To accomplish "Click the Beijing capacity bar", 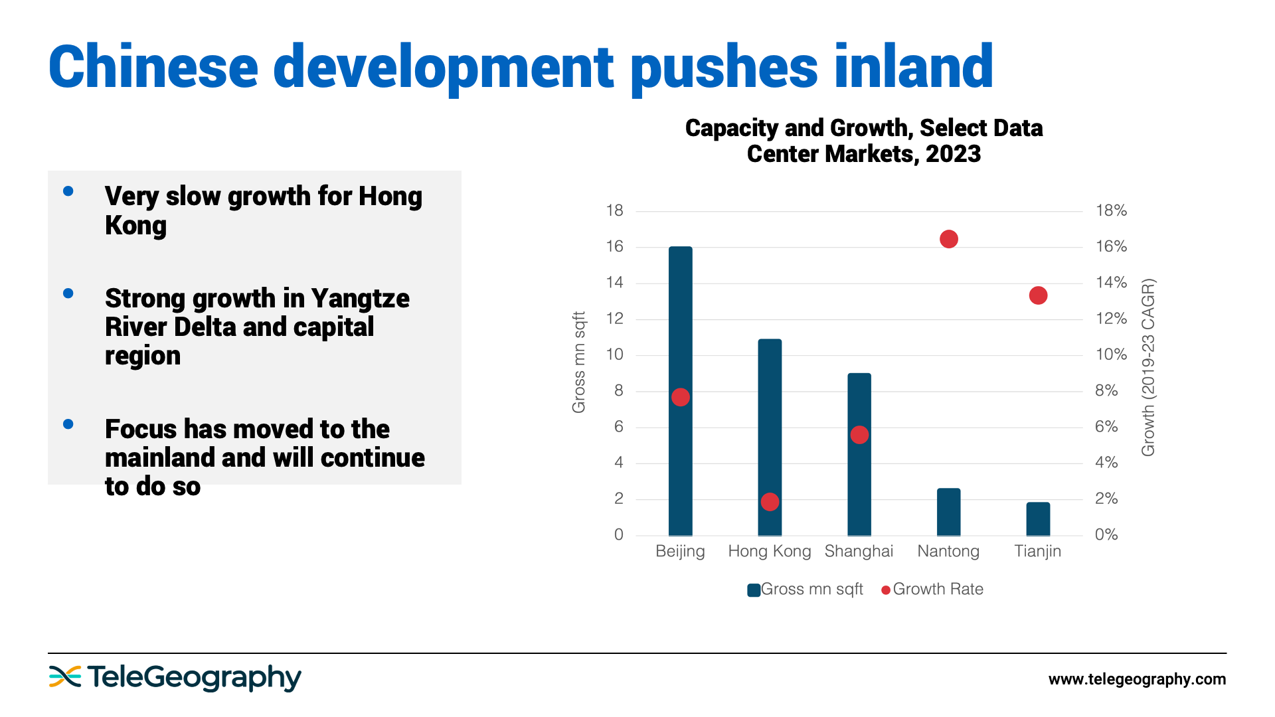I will (680, 319).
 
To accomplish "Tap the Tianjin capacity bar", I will (1038, 519).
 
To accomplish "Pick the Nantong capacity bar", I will (948, 512).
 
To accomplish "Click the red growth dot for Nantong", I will (949, 239).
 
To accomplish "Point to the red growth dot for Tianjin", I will (1038, 295).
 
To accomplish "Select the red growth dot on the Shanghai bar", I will (859, 435).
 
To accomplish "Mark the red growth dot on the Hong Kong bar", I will (770, 502).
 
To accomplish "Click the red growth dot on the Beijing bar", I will (681, 397).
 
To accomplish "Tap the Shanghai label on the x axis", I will (859, 551).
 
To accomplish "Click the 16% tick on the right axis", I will (1111, 246).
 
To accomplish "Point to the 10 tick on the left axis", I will (615, 355).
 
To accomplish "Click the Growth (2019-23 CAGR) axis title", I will (1148, 367).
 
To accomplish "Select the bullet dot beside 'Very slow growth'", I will (68, 191).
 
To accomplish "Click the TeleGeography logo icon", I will (64, 677).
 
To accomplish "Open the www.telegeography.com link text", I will (1137, 679).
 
